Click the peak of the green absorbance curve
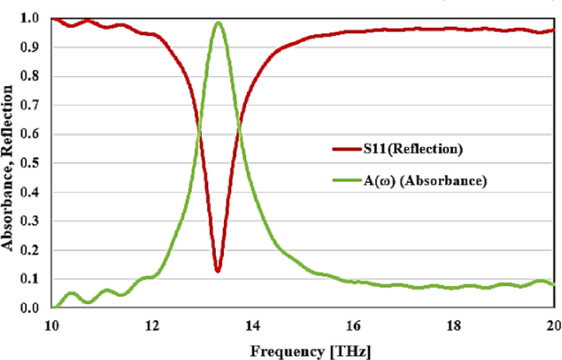(x=218, y=23)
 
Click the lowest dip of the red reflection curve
(x=217, y=270)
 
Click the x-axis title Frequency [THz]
(x=302, y=350)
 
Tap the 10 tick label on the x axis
(x=52, y=324)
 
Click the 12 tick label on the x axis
(x=152, y=324)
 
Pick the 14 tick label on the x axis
(x=252, y=324)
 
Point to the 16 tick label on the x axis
(x=353, y=324)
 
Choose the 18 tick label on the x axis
(x=453, y=324)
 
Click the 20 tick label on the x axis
(x=552, y=324)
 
